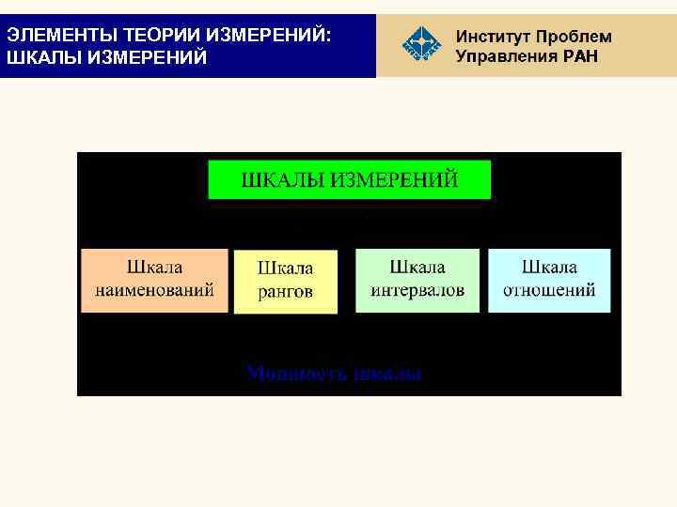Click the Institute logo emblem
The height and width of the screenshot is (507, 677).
(x=420, y=46)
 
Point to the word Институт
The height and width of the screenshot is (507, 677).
(x=494, y=37)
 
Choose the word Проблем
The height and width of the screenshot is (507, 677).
(x=575, y=37)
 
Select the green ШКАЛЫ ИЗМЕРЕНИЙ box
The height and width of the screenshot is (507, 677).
(x=349, y=179)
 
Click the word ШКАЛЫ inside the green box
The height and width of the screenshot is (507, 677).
(x=282, y=179)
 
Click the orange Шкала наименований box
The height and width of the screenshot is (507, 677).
(x=154, y=280)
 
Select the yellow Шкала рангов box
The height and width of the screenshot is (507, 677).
(x=285, y=281)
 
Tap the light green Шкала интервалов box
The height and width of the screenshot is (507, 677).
(x=417, y=280)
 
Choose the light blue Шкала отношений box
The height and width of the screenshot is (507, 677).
(x=549, y=280)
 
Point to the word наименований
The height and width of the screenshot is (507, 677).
(x=154, y=290)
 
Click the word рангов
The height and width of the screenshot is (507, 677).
(x=285, y=292)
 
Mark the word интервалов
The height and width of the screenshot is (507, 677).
(x=417, y=290)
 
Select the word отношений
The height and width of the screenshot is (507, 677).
(x=549, y=290)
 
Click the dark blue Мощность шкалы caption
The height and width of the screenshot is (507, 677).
(x=335, y=374)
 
